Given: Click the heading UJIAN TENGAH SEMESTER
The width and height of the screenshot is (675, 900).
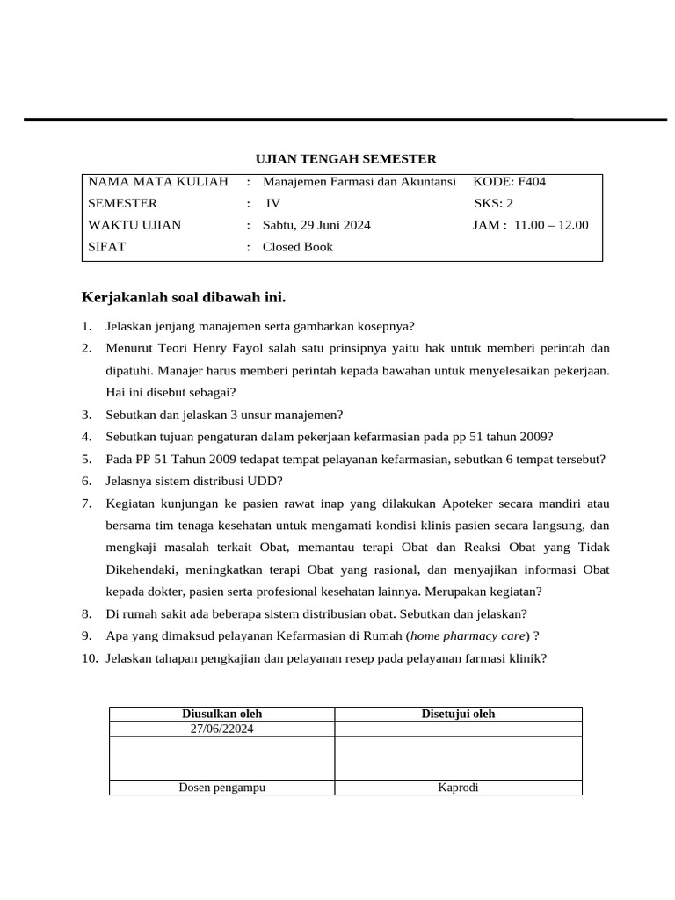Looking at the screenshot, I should [345, 159].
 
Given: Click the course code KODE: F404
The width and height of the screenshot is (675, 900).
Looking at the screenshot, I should [510, 182].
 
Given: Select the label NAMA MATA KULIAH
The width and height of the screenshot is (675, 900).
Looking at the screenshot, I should [158, 182].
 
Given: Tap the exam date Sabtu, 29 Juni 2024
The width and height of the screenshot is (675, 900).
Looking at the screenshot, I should [316, 225].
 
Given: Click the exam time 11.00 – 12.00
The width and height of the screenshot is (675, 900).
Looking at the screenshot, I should [551, 225].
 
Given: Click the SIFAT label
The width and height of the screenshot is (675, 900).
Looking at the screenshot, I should [107, 247].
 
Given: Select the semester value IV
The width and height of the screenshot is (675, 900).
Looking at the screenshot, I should [272, 204].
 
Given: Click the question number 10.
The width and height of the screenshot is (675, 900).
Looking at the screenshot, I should [90, 657].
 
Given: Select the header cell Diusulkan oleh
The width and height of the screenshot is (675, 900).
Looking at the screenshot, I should [221, 715].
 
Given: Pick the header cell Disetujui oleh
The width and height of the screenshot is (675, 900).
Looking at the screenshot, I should [458, 715].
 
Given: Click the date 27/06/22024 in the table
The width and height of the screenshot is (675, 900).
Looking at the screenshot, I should [221, 729].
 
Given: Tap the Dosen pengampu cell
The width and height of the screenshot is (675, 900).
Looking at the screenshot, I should [221, 787].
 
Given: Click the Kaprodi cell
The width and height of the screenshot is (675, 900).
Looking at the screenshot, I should [458, 787].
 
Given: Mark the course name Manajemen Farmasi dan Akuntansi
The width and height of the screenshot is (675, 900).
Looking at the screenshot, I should [359, 182].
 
